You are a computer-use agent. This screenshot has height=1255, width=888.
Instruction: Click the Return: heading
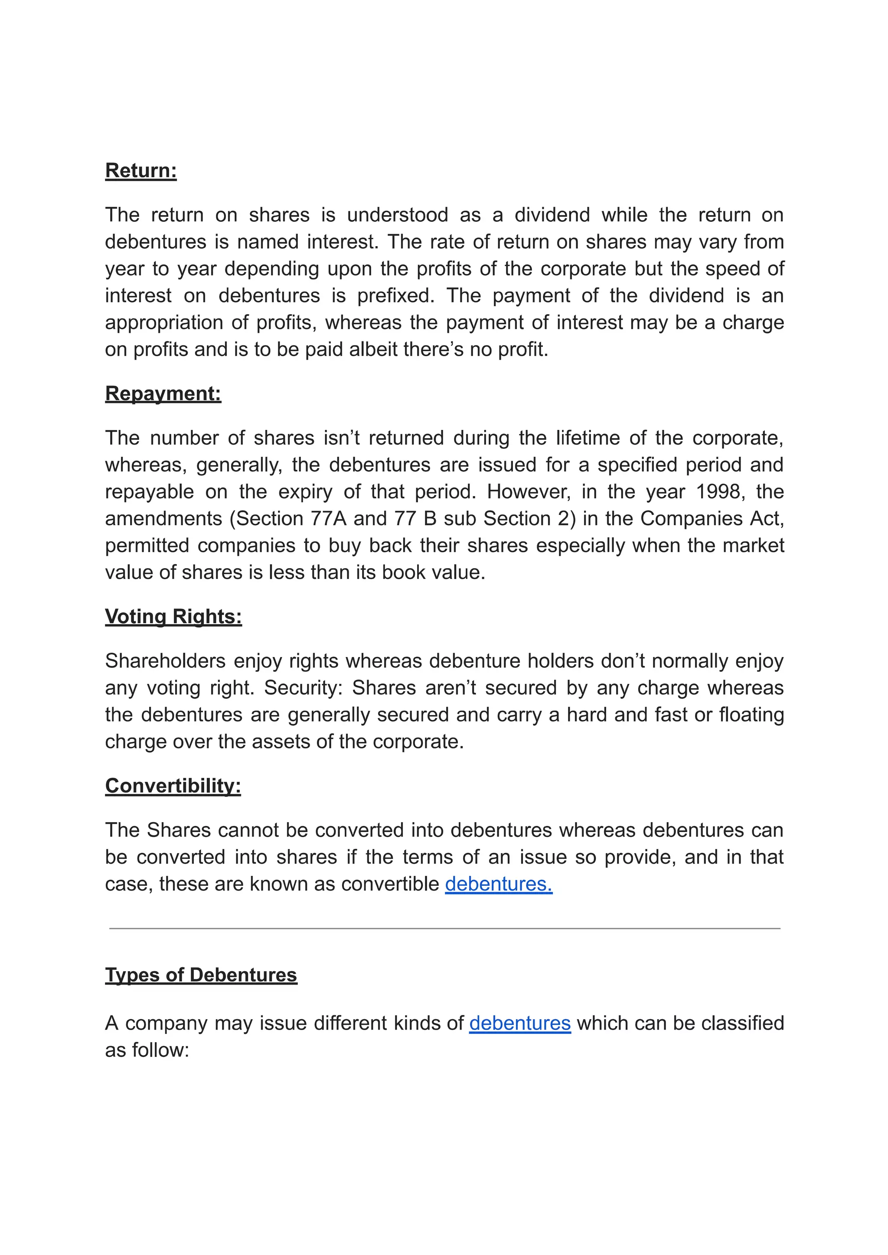pos(140,171)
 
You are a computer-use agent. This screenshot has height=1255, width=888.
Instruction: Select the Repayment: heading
pos(163,393)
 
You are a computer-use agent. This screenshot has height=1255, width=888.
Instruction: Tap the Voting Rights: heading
pos(173,617)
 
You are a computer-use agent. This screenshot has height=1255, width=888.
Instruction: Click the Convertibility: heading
pos(173,786)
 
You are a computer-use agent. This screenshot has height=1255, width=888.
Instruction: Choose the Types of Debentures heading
pos(201,975)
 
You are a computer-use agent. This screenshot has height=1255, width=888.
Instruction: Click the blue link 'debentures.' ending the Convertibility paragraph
pos(498,884)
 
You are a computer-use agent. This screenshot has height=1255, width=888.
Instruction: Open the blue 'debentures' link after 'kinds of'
pos(519,1023)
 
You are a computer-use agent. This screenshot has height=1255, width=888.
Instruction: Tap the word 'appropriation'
pos(164,322)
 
